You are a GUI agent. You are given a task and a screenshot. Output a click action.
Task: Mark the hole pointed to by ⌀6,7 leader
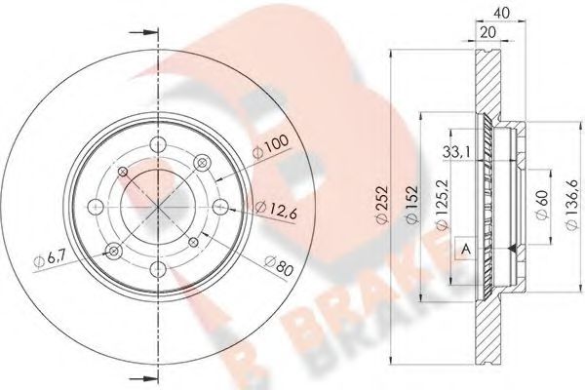(x=117, y=252)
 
